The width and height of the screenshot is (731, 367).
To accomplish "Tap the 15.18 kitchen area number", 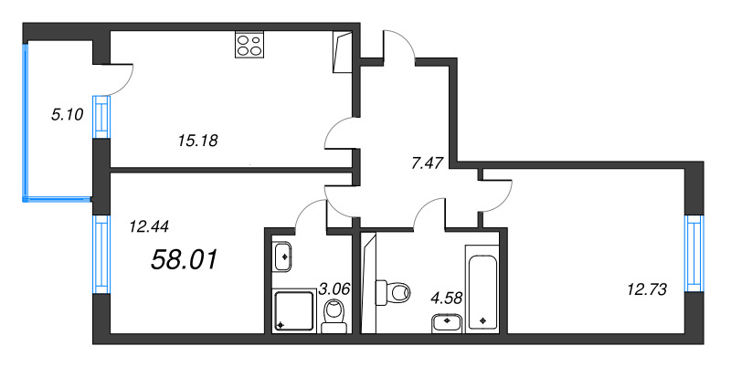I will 198,141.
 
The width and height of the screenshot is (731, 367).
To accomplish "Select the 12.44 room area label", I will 150,225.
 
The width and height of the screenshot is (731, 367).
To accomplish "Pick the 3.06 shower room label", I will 335,289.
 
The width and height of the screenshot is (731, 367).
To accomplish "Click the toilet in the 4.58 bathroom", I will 395,292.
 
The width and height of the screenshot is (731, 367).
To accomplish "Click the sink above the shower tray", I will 282,255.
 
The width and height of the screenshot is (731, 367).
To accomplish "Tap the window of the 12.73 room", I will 696,254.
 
